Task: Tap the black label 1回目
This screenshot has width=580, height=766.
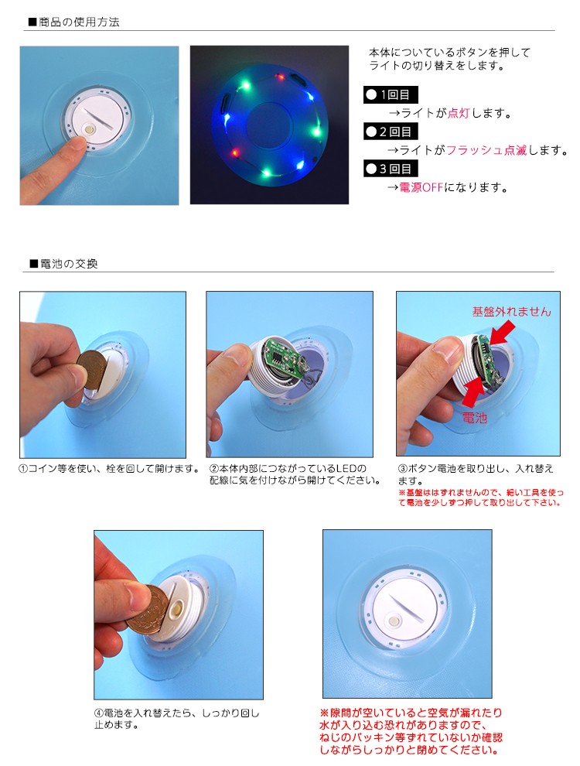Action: [391, 94]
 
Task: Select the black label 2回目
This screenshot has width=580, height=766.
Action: [391, 132]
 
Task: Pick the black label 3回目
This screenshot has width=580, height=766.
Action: [391, 169]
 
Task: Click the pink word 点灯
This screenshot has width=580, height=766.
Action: [458, 113]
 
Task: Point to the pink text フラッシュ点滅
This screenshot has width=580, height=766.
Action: [486, 150]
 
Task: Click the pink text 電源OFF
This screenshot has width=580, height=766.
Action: [421, 187]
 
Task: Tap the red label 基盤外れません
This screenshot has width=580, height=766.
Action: [511, 311]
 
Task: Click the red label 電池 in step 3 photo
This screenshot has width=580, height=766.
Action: [475, 418]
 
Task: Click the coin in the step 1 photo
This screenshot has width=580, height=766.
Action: [94, 370]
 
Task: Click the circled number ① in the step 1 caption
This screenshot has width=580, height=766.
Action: [23, 469]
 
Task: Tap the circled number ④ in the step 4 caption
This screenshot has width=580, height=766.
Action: [99, 713]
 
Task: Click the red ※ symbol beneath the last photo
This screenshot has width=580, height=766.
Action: [325, 713]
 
